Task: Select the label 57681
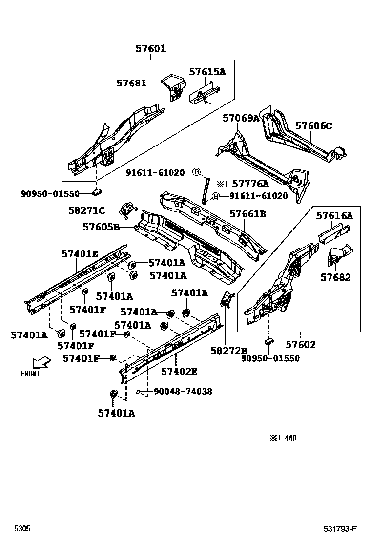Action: point(131,83)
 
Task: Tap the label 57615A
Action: point(207,72)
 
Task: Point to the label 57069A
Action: point(241,118)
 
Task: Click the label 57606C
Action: point(313,126)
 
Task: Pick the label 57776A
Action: point(250,184)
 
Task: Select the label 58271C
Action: point(86,210)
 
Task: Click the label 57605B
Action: point(101,227)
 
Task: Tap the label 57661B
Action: point(247,213)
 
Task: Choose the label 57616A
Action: point(334,215)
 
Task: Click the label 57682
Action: point(335,277)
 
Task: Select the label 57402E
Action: point(179,371)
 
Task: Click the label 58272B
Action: point(229,350)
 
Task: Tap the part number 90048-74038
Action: point(183,391)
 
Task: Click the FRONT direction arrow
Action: point(41,363)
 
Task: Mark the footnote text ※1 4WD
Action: point(283,438)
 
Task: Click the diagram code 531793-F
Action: point(340,529)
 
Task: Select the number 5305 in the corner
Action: point(22,529)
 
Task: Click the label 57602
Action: point(301,345)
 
